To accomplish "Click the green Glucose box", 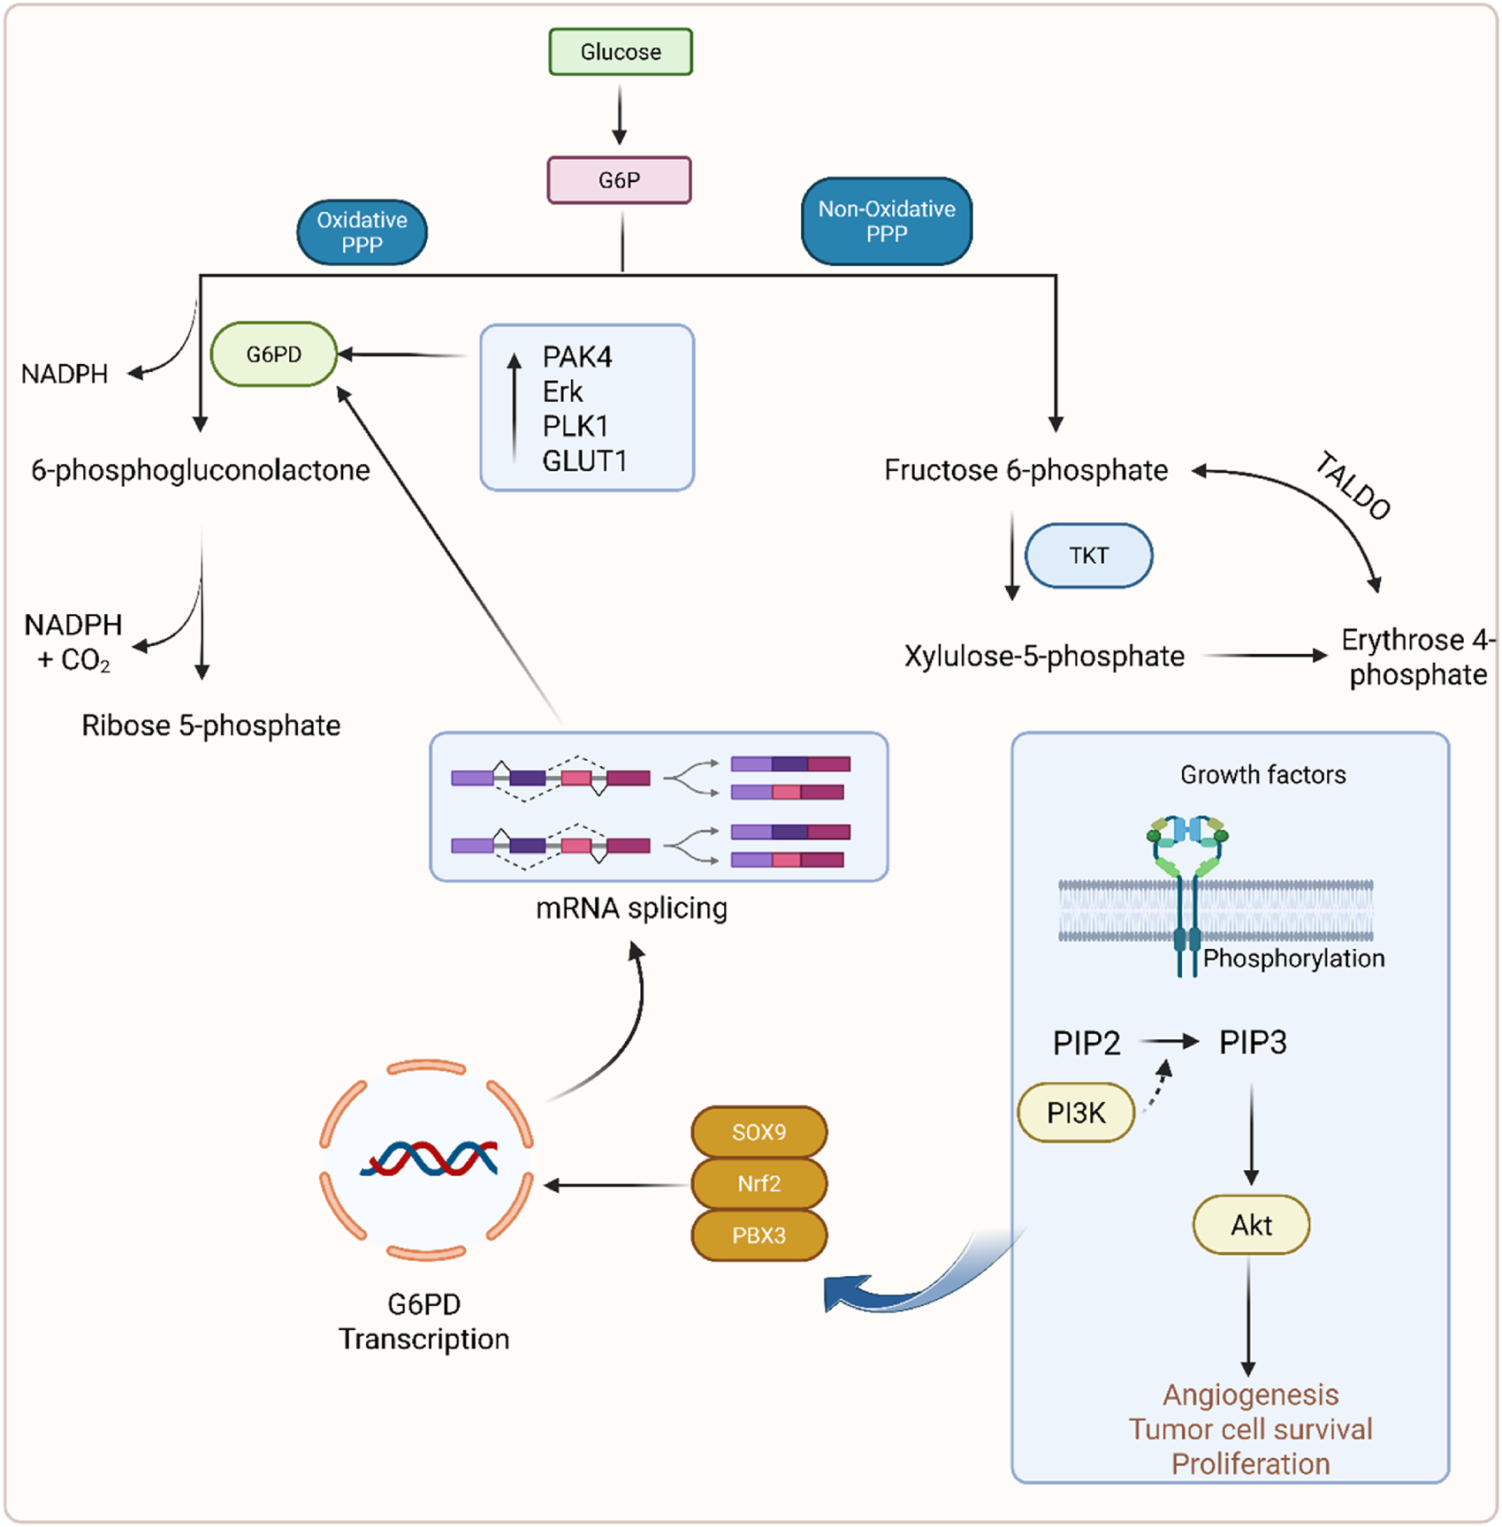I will coord(621,52).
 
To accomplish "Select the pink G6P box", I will coord(619,180).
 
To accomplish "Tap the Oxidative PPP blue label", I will coord(362,232).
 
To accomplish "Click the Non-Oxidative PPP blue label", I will coord(887,221).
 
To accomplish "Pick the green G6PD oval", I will coord(274,354).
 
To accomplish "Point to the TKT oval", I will coord(1088,556).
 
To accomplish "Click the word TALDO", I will coord(1353,485).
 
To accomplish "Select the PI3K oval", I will coord(1076,1113).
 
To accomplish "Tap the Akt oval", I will coord(1251,1225).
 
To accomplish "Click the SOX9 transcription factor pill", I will coord(759,1132).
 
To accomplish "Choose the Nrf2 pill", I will coord(759,1183).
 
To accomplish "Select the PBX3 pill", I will coord(759,1235).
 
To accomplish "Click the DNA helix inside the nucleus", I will coord(429,1159).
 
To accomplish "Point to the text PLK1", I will coord(576,426).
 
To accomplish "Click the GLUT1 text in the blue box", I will coord(584,460).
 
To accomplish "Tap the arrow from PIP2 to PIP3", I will coord(1169,1042).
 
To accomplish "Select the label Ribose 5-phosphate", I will coord(211,726).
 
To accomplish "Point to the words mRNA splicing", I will coord(632,908).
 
